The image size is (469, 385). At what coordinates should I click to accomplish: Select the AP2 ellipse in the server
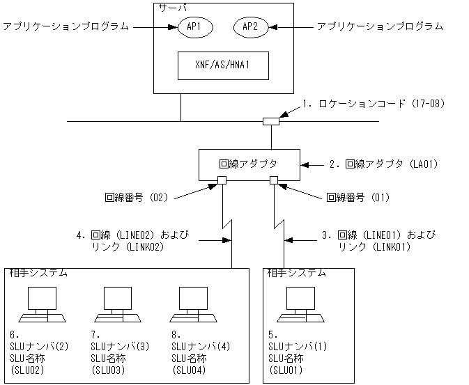coord(250,26)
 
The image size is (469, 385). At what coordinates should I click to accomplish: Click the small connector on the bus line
coord(271,122)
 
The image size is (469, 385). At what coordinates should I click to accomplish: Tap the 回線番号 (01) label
coord(358,198)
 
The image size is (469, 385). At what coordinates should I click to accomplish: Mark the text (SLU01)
coord(286,370)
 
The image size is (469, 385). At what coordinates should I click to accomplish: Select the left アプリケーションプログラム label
coord(66,26)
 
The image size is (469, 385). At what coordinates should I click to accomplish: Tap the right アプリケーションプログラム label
coord(380,26)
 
